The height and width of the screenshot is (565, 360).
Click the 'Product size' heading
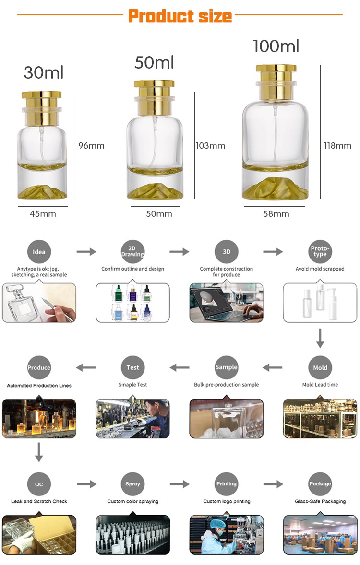coord(180,16)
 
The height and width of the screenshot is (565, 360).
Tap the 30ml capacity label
coord(44,72)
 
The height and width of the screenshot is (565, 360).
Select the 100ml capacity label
coord(276,46)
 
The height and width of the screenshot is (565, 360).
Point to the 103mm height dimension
coord(210,146)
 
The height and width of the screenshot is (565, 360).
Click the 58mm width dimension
coord(276,214)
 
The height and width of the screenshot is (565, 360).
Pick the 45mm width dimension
coord(43,214)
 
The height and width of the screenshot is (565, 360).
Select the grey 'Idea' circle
coord(39,252)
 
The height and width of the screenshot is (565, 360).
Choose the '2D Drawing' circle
coord(132,252)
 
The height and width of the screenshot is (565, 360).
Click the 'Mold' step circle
coord(320,368)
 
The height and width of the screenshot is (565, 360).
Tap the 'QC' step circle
coord(39,484)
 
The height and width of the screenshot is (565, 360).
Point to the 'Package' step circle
coord(320,484)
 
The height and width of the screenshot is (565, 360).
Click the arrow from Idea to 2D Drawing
coord(86,252)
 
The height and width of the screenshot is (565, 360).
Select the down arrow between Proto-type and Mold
coord(320,339)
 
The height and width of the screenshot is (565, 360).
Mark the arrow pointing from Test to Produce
coord(86,368)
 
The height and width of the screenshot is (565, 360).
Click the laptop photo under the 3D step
coord(226,302)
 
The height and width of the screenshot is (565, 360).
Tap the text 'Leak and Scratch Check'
coord(39,501)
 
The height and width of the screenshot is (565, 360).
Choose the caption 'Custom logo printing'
coord(227,501)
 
